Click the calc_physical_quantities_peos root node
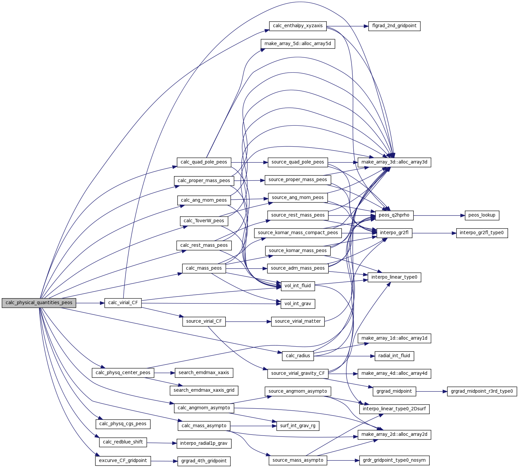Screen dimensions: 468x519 coord(39,303)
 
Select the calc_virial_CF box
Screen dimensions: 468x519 coord(123,303)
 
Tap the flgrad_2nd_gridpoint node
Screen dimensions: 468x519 coord(394,26)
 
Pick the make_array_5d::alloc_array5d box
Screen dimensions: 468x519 coord(298,44)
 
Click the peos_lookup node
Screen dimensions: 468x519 coord(481,215)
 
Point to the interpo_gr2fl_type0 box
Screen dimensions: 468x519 coord(481,233)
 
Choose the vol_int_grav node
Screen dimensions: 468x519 coord(298,304)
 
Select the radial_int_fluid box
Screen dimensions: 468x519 coord(394,356)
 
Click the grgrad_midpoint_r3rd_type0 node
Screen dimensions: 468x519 coord(481,391)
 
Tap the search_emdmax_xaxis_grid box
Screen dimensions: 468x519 coord(204,390)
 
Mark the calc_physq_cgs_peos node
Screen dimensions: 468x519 coord(123,424)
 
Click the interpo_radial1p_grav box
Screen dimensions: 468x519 coord(204,443)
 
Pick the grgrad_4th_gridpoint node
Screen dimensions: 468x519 coord(204,461)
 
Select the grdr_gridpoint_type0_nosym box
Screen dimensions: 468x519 coord(394,460)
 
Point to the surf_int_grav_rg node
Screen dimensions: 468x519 coord(298,426)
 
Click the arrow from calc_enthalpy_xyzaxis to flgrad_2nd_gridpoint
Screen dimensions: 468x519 coord(347,26)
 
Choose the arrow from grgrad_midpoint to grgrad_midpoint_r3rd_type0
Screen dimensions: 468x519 coord(431,391)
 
